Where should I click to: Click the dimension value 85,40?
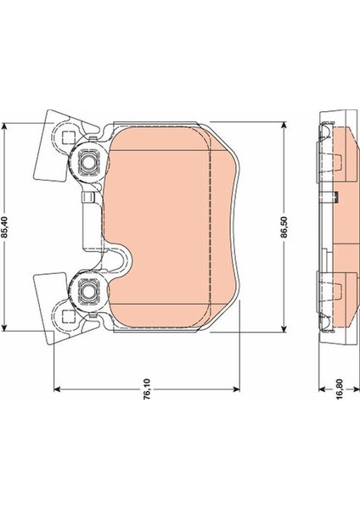tap(4, 227)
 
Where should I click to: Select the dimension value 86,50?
tap(284, 227)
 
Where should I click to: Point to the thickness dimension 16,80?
tap(340, 389)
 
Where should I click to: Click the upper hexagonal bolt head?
tap(87, 161)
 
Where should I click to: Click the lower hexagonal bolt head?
tap(87, 291)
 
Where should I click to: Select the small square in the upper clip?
tap(69, 138)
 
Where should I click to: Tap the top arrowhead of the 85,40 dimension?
tap(4, 126)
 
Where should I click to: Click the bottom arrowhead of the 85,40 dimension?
tap(4, 327)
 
